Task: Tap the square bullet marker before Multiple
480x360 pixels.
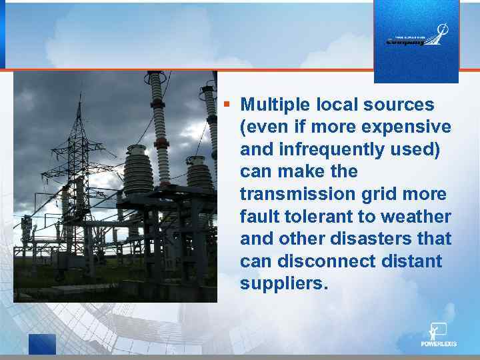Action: point(227,104)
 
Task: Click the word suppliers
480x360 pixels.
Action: point(283,284)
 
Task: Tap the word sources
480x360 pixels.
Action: point(399,105)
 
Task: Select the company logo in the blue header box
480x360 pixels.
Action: point(417,37)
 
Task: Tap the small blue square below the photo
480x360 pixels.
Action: point(42,343)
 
